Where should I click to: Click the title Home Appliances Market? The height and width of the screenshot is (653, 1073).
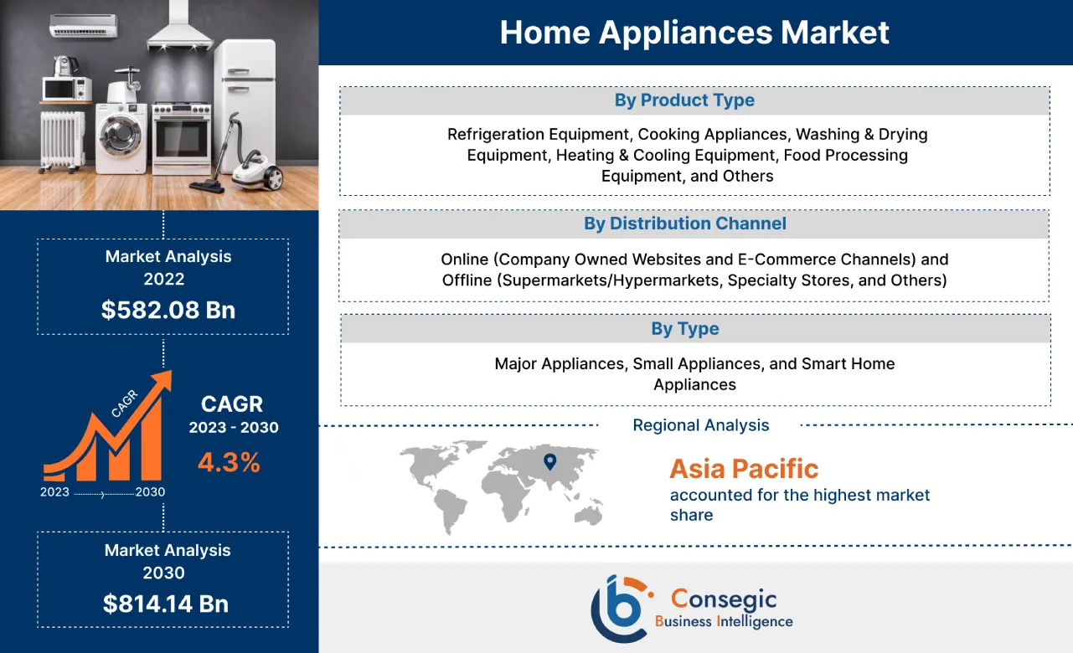pyautogui.click(x=694, y=33)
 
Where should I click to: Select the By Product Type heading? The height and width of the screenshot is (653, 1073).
pyautogui.click(x=684, y=100)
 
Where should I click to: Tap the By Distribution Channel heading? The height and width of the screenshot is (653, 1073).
pyautogui.click(x=684, y=224)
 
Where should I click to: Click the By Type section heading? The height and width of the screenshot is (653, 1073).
pyautogui.click(x=684, y=329)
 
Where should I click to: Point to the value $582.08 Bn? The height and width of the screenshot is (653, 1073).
pyautogui.click(x=168, y=310)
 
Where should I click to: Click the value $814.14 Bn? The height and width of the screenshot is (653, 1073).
pyautogui.click(x=165, y=604)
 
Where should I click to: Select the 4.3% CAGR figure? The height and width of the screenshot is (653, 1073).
pyautogui.click(x=229, y=461)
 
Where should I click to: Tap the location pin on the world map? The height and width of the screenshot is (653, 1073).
pyautogui.click(x=549, y=460)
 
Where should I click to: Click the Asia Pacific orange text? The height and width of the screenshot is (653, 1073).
pyautogui.click(x=744, y=469)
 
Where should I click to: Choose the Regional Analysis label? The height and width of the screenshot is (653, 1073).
pyautogui.click(x=700, y=425)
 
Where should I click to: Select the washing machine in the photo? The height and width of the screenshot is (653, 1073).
pyautogui.click(x=121, y=137)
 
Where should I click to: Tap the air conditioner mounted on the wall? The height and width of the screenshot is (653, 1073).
pyautogui.click(x=84, y=28)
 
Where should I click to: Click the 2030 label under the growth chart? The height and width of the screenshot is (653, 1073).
pyautogui.click(x=150, y=492)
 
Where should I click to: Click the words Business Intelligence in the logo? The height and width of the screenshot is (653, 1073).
pyautogui.click(x=724, y=621)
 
